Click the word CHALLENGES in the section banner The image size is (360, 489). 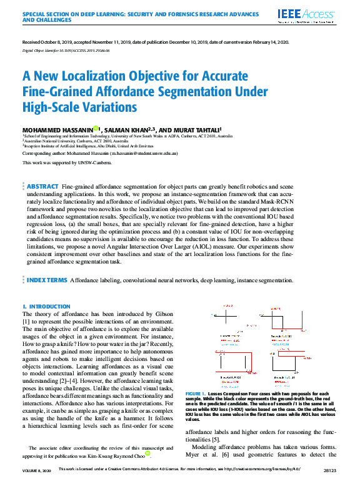[x=54, y=19]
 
